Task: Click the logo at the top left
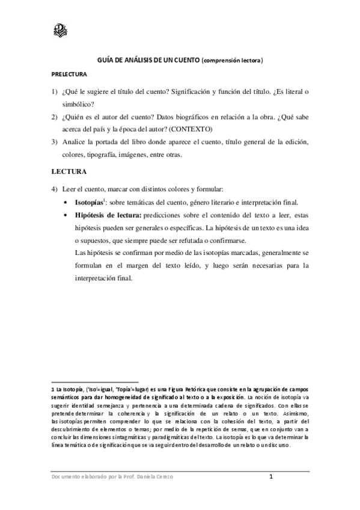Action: click(60, 29)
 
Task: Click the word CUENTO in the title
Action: click(184, 61)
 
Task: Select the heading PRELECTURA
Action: click(69, 75)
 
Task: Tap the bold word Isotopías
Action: click(90, 202)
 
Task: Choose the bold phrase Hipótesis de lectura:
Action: click(108, 215)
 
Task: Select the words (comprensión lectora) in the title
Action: click(233, 61)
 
